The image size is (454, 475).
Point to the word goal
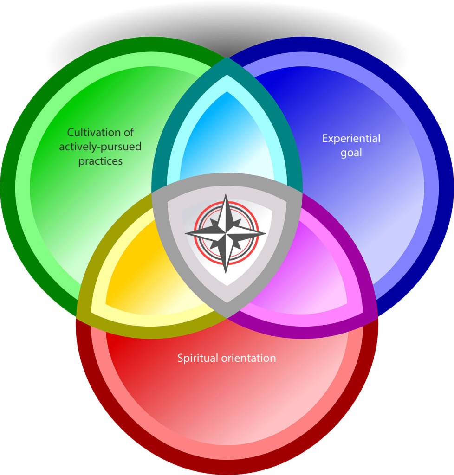(x=351, y=153)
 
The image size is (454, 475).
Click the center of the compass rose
(x=226, y=233)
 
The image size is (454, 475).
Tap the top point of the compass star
(x=226, y=195)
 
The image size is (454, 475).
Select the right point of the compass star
(x=265, y=233)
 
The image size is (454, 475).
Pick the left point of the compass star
(x=186, y=233)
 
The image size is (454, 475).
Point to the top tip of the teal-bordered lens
(x=227, y=58)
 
